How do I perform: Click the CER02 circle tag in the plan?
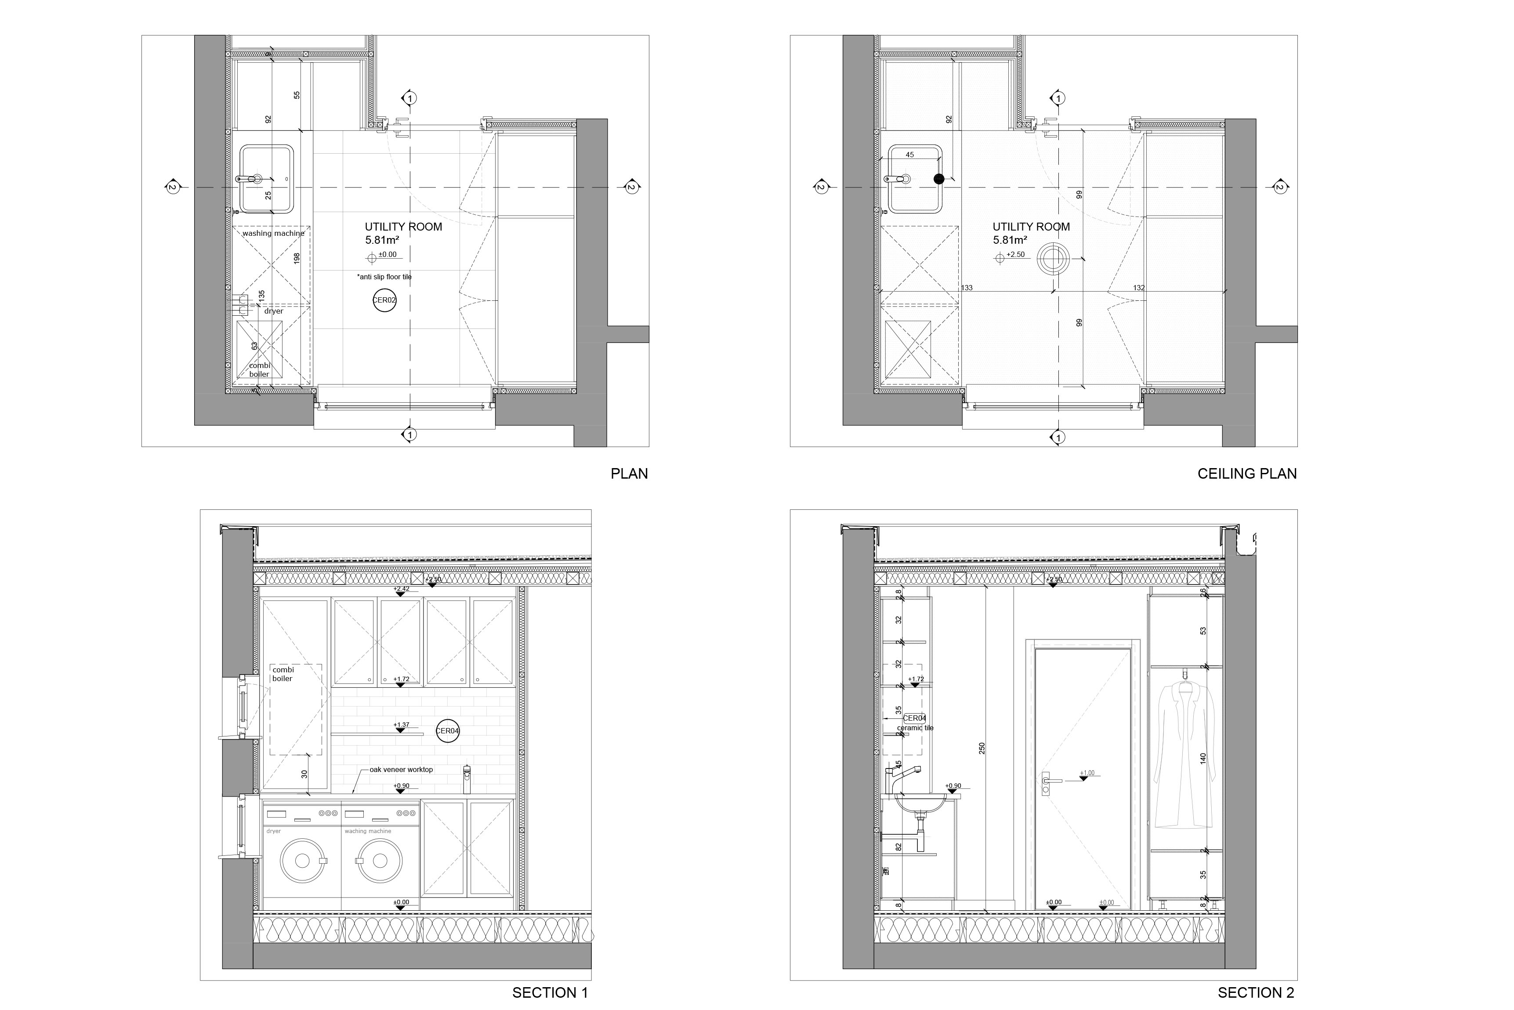tap(384, 300)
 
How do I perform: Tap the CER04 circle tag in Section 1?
tap(447, 731)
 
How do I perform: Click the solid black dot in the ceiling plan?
tap(939, 179)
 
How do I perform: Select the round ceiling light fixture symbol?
tap(1054, 258)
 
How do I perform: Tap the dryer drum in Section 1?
tap(301, 861)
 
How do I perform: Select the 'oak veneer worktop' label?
tap(401, 770)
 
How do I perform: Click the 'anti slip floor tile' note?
tap(384, 277)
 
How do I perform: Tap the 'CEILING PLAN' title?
tap(1246, 474)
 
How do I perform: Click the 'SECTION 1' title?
tap(550, 992)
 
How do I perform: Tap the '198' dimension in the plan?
tap(297, 258)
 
